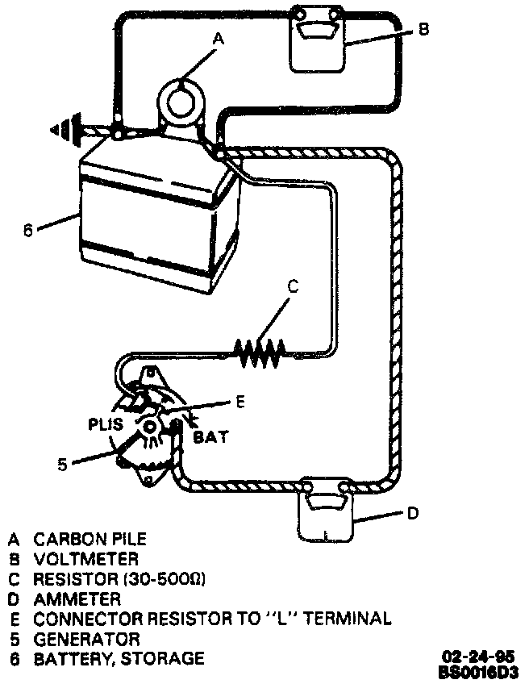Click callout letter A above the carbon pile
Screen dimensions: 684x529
click(216, 37)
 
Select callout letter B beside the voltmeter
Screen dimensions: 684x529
click(424, 29)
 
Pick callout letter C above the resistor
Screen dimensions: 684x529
click(294, 286)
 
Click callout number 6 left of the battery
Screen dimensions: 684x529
click(28, 230)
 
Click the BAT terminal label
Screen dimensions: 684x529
click(211, 437)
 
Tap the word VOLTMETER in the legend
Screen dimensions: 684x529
click(85, 558)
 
